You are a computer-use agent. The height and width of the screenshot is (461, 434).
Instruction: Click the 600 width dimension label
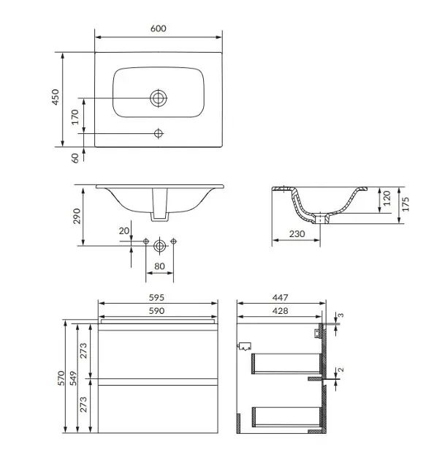click(159, 29)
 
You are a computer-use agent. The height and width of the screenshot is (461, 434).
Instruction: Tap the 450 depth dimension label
click(56, 97)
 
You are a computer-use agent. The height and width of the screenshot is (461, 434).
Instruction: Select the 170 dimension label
click(75, 117)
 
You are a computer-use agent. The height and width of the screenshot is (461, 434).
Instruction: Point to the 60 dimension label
click(75, 158)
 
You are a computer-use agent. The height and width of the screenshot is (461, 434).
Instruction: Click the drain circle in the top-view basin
click(159, 98)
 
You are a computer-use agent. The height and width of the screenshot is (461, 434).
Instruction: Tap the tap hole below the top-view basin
click(159, 133)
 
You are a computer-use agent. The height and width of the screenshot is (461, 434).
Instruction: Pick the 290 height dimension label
click(77, 216)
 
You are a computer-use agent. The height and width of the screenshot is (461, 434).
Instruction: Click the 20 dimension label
click(124, 231)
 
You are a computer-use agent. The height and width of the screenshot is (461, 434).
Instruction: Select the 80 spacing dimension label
click(159, 266)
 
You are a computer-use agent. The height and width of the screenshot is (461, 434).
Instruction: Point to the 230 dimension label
click(297, 234)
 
